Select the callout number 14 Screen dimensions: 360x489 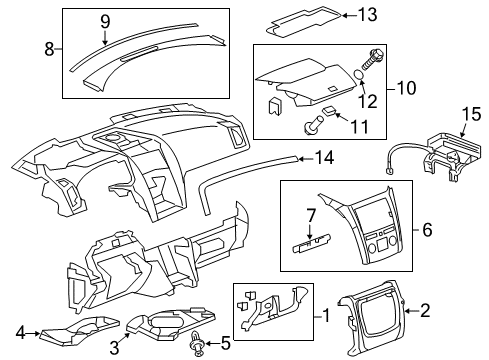point(323,156)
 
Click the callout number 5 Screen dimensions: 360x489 point(226,346)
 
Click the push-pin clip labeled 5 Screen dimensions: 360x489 point(197,345)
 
